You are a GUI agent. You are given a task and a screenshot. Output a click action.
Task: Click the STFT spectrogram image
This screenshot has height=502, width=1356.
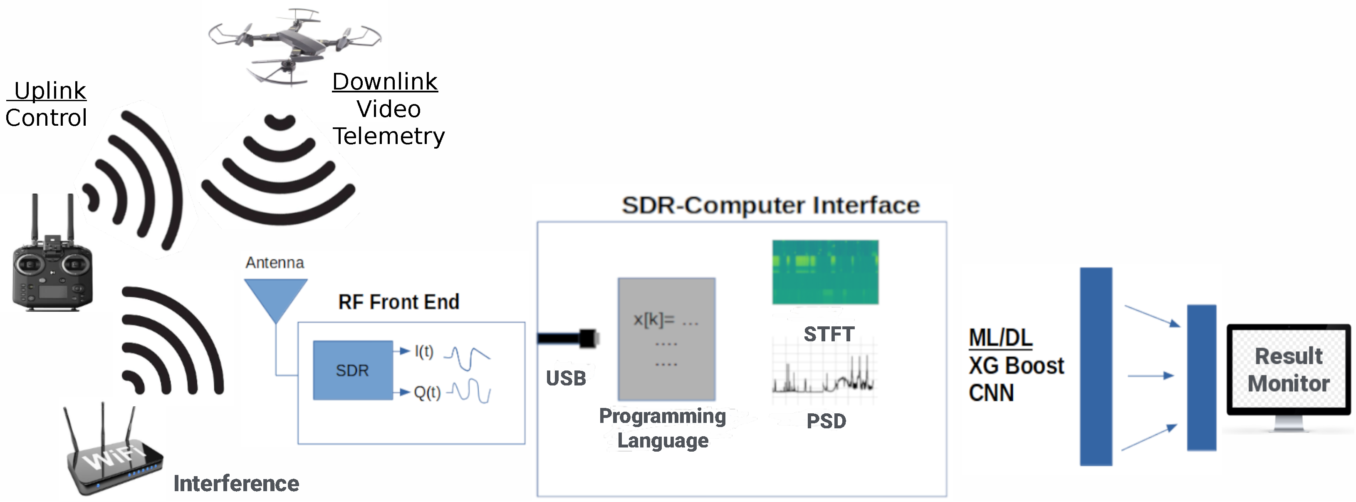click(825, 272)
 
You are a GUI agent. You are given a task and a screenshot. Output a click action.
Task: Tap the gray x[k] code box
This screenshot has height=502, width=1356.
click(666, 339)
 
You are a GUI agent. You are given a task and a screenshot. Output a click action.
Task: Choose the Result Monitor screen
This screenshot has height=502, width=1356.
click(1288, 370)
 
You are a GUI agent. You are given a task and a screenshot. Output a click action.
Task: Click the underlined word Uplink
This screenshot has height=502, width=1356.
click(49, 91)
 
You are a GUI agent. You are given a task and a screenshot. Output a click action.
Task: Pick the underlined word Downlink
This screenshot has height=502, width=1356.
click(385, 82)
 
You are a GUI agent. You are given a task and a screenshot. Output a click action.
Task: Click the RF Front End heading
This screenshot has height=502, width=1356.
click(398, 302)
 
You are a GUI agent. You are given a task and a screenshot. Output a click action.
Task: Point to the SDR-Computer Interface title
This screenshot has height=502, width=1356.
click(771, 205)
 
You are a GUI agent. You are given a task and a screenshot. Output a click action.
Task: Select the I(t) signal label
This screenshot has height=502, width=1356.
click(424, 351)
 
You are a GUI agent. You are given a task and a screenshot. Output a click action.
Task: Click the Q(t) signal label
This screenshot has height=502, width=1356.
click(427, 393)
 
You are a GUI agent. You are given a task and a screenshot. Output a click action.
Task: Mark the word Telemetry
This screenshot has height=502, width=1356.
click(388, 137)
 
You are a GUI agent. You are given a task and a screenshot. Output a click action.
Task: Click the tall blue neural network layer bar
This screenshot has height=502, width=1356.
click(1096, 367)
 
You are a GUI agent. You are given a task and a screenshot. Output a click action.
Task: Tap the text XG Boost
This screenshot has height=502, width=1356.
click(1016, 365)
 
